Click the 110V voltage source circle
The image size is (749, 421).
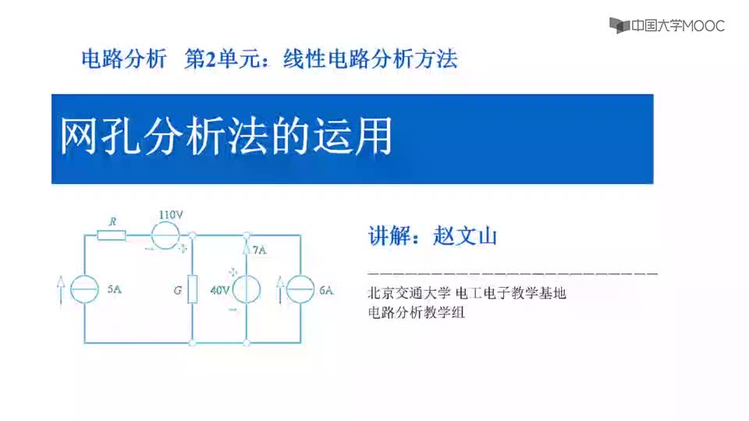click(x=165, y=235)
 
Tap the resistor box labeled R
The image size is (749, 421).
click(x=112, y=235)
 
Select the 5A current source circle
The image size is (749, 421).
click(x=84, y=289)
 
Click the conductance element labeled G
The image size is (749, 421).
click(x=193, y=289)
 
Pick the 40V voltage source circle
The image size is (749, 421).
click(x=247, y=289)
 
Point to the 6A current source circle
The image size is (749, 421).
click(x=300, y=289)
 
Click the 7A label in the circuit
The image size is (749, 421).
click(x=260, y=250)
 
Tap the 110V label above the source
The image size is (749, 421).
click(x=171, y=215)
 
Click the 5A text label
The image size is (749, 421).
click(x=114, y=288)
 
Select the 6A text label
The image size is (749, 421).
click(x=326, y=290)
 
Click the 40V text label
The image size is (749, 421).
click(x=220, y=290)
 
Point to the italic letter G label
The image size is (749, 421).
click(x=178, y=290)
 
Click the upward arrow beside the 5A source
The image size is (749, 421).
click(x=60, y=289)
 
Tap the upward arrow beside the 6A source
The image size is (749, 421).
click(x=280, y=289)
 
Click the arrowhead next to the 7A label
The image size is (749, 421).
click(x=247, y=248)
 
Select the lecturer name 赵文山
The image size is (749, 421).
click(x=465, y=235)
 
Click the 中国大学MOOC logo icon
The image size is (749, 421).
click(x=619, y=25)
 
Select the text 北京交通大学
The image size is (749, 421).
click(x=409, y=292)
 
